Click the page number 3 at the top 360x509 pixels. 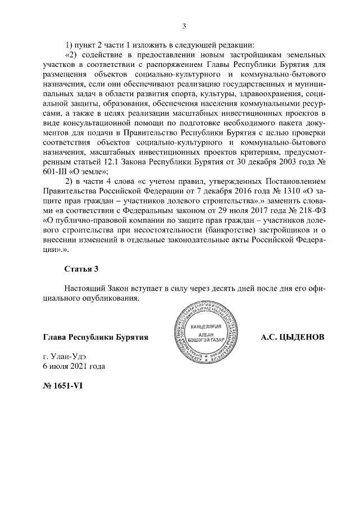coord(184,25)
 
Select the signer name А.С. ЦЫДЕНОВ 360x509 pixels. coord(293,337)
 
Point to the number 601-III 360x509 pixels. coord(58,172)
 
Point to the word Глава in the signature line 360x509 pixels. coord(55,337)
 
